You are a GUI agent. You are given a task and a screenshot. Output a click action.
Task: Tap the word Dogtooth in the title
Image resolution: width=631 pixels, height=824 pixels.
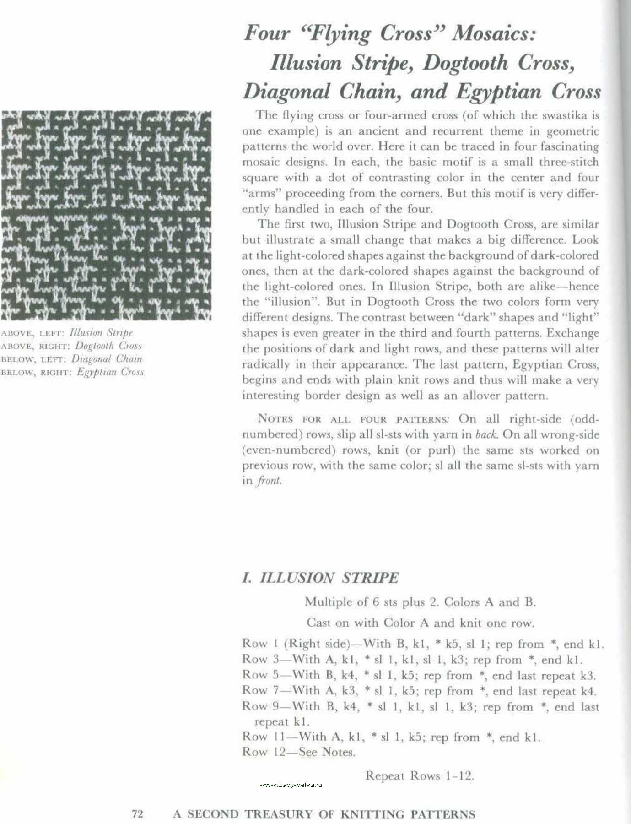[465, 63]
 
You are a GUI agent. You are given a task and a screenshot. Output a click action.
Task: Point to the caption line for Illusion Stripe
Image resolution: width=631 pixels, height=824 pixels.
[67, 333]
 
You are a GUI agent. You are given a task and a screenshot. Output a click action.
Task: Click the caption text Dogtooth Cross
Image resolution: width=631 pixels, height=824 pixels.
[108, 346]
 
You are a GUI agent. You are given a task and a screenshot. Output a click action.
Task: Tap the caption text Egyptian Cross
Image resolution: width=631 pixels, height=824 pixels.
[110, 372]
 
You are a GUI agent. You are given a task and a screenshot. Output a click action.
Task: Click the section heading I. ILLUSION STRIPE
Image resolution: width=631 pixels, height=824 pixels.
[320, 578]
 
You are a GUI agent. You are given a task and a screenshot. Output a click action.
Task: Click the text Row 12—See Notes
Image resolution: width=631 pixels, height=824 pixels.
[298, 752]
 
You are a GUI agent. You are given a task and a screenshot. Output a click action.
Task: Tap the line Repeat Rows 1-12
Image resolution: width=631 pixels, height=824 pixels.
[420, 776]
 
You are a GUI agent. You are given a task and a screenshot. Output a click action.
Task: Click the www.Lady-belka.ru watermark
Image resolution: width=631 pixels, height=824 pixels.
[291, 785]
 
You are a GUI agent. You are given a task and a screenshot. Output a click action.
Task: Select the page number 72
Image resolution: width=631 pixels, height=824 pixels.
[138, 814]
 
